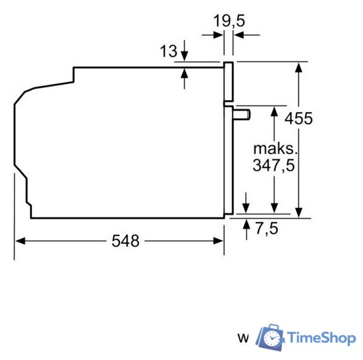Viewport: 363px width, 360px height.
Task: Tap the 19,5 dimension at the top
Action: pyautogui.click(x=228, y=21)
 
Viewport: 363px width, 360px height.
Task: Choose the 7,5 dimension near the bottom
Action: pyautogui.click(x=266, y=229)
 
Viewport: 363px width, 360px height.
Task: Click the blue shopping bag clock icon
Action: pyautogui.click(x=270, y=337)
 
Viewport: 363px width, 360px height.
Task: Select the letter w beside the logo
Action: pyautogui.click(x=244, y=339)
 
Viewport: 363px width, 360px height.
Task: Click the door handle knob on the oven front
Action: pyautogui.click(x=241, y=115)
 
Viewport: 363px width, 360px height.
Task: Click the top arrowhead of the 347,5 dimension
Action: pyautogui.click(x=273, y=110)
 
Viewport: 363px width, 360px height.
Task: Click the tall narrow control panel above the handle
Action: pyautogui.click(x=228, y=83)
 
